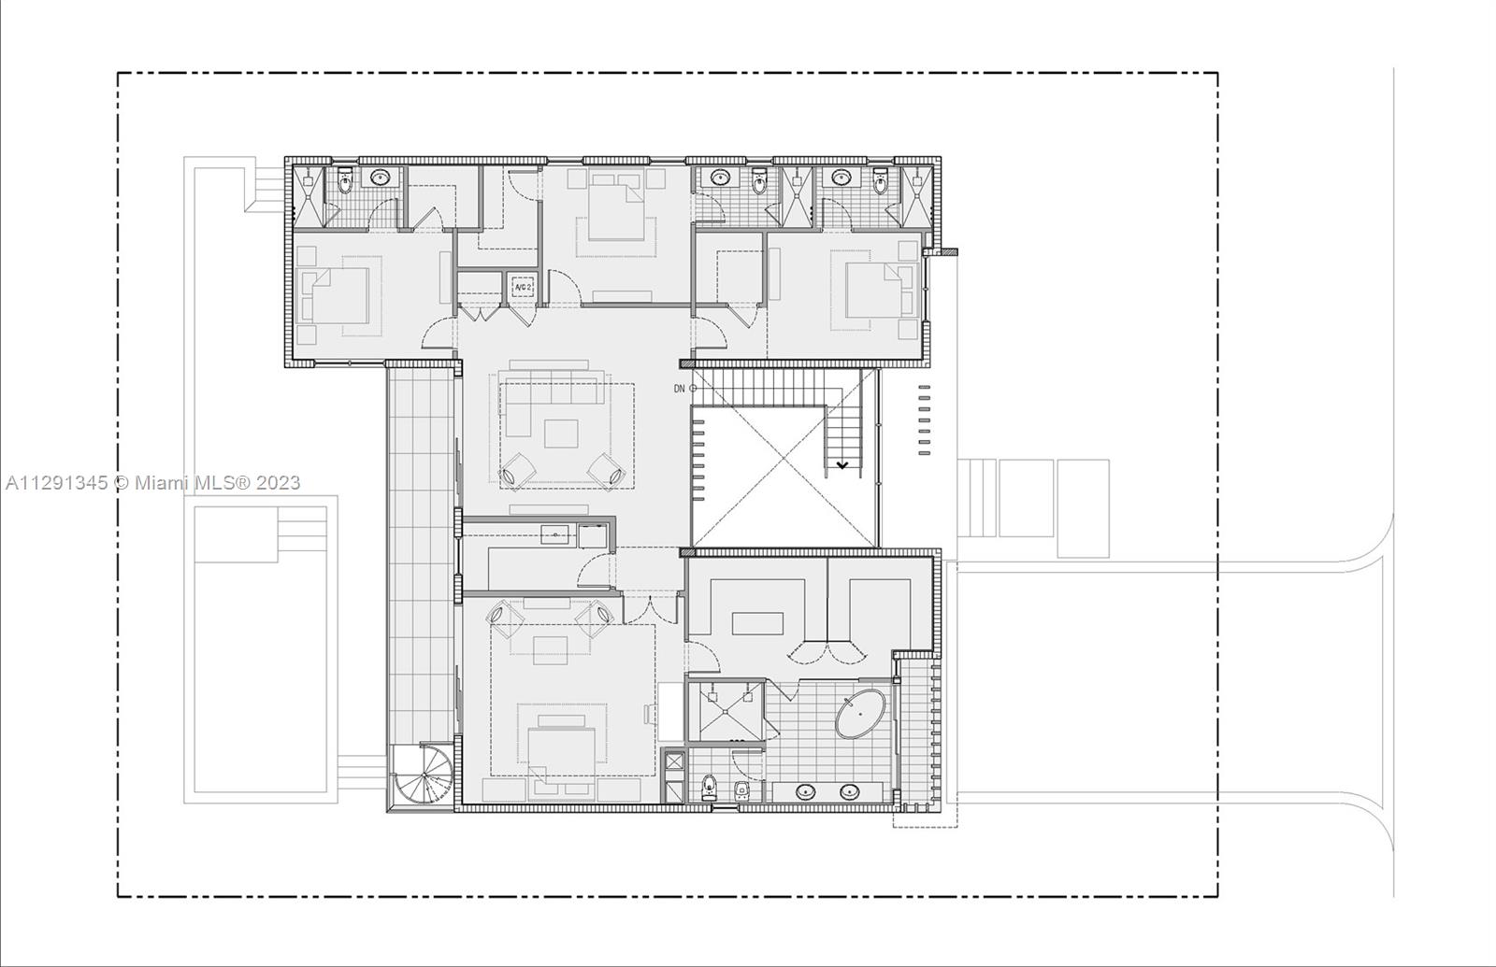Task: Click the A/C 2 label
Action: tap(523, 287)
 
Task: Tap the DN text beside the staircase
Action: tap(679, 389)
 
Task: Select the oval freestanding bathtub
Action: tap(860, 714)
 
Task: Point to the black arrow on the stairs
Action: tap(842, 465)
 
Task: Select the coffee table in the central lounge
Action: tap(561, 434)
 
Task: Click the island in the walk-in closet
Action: tap(757, 624)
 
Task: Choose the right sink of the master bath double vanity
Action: tap(849, 792)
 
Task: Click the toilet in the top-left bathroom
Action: tap(345, 181)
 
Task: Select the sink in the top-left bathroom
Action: tap(381, 178)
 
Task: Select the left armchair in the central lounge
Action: tap(516, 472)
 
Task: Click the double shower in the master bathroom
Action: tap(726, 711)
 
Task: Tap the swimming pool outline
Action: tap(261, 648)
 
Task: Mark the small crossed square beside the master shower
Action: tap(674, 761)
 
